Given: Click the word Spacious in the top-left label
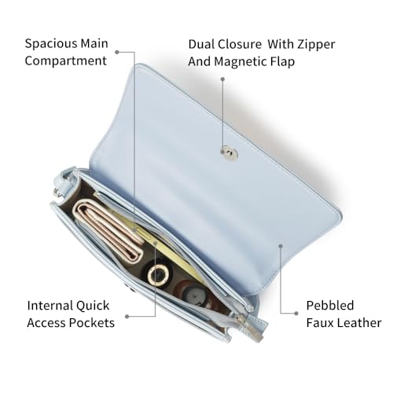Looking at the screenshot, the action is click(x=51, y=44).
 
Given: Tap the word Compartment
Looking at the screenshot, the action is click(x=66, y=61).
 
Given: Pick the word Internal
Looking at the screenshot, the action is click(x=50, y=306).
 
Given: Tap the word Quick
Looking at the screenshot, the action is click(x=93, y=306).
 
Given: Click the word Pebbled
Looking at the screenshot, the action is click(x=330, y=306).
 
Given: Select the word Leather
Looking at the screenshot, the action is click(x=359, y=323).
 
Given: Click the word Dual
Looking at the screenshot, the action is click(x=201, y=45).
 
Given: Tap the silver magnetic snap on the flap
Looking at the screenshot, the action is click(x=229, y=153).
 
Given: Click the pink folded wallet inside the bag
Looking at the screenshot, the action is click(x=108, y=230).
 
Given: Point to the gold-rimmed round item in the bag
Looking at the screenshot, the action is click(x=158, y=274).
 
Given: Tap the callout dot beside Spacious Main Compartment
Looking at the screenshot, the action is click(x=117, y=52).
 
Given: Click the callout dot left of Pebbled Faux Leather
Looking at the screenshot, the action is click(x=296, y=314).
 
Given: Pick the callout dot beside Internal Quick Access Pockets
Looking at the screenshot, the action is click(x=127, y=317).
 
